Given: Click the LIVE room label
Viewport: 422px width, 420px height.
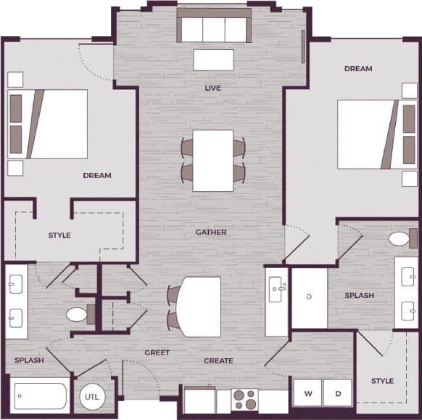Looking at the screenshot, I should pyautogui.click(x=212, y=88).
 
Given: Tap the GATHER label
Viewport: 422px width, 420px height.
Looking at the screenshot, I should pyautogui.click(x=211, y=233).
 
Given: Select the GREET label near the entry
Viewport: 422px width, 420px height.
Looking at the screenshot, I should pyautogui.click(x=157, y=352).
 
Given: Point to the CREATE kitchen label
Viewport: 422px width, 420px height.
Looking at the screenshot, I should pyautogui.click(x=218, y=360).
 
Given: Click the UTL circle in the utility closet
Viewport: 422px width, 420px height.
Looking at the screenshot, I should pyautogui.click(x=91, y=397).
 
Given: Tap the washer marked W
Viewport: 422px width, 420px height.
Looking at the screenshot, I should pyautogui.click(x=307, y=394).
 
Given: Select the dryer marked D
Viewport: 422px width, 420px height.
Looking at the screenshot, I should pyautogui.click(x=337, y=394).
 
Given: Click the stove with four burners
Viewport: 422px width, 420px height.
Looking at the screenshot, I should pyautogui.click(x=244, y=400).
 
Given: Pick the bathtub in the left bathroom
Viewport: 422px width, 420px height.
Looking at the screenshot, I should pyautogui.click(x=40, y=396).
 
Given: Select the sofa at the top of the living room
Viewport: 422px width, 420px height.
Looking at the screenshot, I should pyautogui.click(x=214, y=29).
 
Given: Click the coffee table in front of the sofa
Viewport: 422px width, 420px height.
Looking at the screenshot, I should pyautogui.click(x=213, y=60).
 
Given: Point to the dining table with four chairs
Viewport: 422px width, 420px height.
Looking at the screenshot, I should pyautogui.click(x=213, y=160).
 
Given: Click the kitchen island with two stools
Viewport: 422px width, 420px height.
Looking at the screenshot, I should pyautogui.click(x=199, y=306).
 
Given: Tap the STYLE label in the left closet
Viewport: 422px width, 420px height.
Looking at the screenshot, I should pyautogui.click(x=59, y=235).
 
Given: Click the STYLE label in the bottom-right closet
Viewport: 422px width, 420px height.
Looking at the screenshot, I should pyautogui.click(x=382, y=381).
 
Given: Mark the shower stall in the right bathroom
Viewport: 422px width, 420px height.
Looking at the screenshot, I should pyautogui.click(x=309, y=298).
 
